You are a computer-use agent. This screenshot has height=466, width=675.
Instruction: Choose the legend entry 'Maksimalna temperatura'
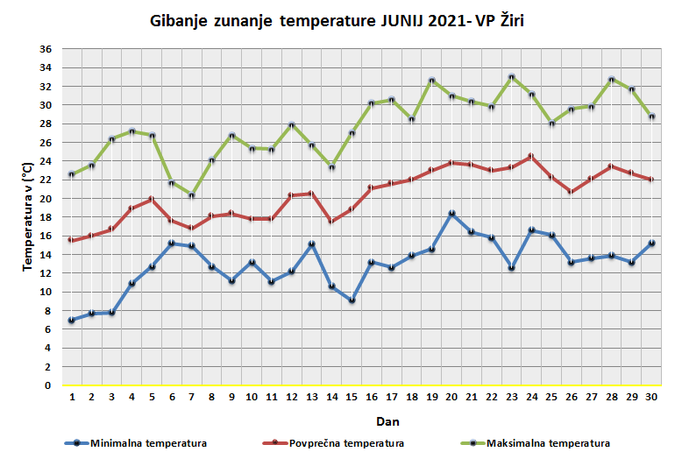pos(548,443)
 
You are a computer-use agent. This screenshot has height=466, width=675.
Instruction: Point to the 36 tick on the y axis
pos(46,49)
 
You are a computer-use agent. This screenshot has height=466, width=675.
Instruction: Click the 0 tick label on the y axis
pos(49,385)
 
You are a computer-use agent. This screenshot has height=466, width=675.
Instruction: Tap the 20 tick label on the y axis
pos(46,199)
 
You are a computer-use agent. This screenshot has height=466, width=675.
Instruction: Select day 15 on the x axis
pos(351,397)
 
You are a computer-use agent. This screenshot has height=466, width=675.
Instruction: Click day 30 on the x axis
pos(651,397)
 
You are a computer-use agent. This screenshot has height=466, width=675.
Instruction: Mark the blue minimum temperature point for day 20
pos(451,214)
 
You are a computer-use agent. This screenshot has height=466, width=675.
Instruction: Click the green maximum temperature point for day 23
pos(512,77)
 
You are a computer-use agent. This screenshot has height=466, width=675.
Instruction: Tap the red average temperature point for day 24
pos(531,156)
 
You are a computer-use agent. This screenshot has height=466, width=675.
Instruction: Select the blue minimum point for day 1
pos(71,321)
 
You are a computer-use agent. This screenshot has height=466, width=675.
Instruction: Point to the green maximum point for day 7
pos(191,195)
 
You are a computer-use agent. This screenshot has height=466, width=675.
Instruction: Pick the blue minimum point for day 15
pos(351,300)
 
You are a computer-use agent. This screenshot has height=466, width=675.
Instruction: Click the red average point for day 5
pos(152,199)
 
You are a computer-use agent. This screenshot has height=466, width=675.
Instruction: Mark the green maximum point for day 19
pos(431,81)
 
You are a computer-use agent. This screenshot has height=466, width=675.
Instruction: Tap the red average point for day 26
pos(572,192)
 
